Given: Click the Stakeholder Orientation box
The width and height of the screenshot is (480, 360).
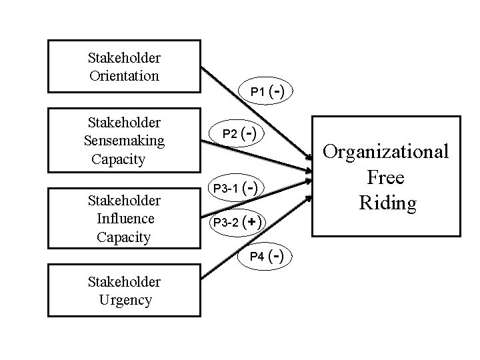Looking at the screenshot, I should pos(124,66).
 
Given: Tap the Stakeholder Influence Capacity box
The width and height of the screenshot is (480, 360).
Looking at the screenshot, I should pos(124,219).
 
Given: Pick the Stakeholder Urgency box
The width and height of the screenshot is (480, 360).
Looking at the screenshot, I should pos(124,291).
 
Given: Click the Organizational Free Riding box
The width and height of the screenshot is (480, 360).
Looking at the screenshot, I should pos(387,177).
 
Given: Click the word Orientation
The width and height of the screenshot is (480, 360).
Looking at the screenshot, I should pos(124,75).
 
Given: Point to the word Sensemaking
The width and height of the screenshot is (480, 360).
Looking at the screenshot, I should pos(124,141).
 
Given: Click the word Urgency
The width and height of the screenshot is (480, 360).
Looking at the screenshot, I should pos(125,300).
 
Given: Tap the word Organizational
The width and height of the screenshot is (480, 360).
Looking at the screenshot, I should pos(387,152).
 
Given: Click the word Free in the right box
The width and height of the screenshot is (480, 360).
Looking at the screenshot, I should pos(387,177).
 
